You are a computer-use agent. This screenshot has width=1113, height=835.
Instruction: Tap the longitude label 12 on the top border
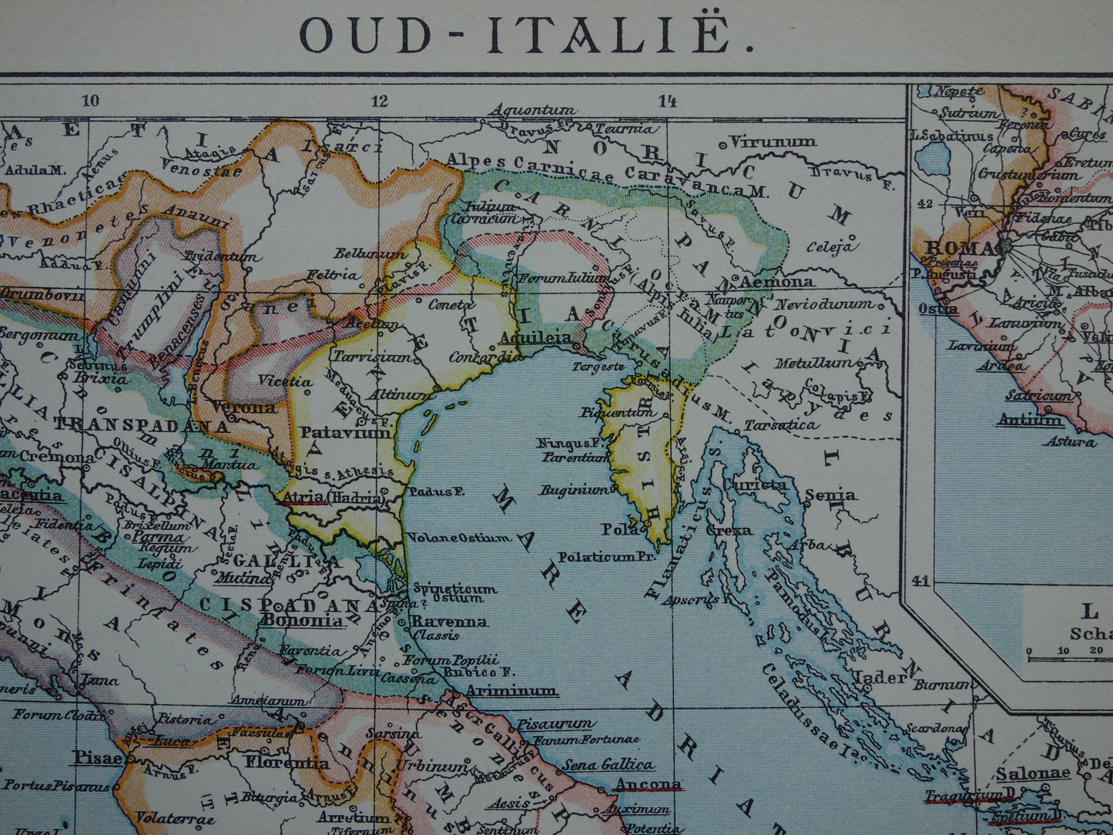pyautogui.click(x=379, y=101)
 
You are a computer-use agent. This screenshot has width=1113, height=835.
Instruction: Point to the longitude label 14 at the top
pyautogui.click(x=667, y=100)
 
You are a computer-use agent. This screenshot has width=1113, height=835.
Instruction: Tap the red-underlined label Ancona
pyautogui.click(x=648, y=785)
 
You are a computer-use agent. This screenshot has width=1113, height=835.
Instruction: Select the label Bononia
pyautogui.click(x=303, y=619)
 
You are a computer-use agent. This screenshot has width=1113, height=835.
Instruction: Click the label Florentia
pyautogui.click(x=287, y=763)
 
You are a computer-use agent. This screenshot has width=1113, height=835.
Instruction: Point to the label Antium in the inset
pyautogui.click(x=1018, y=421)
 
